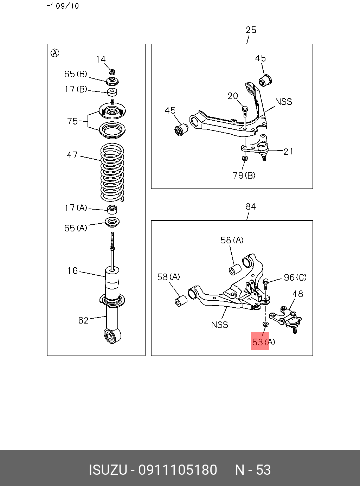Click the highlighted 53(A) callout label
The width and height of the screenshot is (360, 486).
pyautogui.click(x=263, y=342)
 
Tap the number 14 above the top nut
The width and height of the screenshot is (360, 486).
pyautogui.click(x=101, y=59)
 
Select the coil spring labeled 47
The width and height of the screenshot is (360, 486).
pyautogui.click(x=112, y=173)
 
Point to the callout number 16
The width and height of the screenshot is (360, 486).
pyautogui.click(x=73, y=271)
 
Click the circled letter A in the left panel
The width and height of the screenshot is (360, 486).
pyautogui.click(x=55, y=53)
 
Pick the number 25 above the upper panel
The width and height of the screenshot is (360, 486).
pyautogui.click(x=251, y=30)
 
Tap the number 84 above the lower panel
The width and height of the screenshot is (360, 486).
pyautogui.click(x=251, y=206)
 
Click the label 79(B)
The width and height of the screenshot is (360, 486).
pyautogui.click(x=244, y=175)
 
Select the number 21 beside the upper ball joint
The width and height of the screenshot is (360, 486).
pyautogui.click(x=289, y=151)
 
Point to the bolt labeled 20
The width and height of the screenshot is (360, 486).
pyautogui.click(x=245, y=111)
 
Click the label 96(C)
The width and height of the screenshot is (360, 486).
pyautogui.click(x=295, y=277)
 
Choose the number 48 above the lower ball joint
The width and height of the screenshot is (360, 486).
pyautogui.click(x=298, y=294)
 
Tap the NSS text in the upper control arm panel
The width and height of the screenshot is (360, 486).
pyautogui.click(x=284, y=102)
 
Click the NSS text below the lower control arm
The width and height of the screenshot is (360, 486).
pyautogui.click(x=220, y=325)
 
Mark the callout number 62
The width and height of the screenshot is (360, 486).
pyautogui.click(x=83, y=320)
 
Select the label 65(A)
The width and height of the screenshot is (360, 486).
pyautogui.click(x=76, y=228)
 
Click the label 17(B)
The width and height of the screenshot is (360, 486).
pyautogui.click(x=76, y=89)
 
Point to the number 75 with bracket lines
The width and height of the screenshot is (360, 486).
pyautogui.click(x=72, y=121)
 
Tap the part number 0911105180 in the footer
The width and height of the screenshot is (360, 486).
pyautogui.click(x=178, y=470)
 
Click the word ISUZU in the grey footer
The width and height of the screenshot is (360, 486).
pyautogui.click(x=108, y=470)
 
